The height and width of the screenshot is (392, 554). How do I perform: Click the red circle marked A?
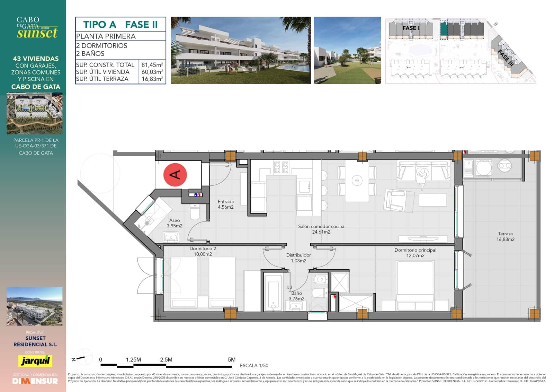click(x=175, y=175)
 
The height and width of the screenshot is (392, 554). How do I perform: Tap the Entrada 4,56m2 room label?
click(x=225, y=204)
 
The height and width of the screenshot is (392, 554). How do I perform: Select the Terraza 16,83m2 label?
click(x=505, y=236)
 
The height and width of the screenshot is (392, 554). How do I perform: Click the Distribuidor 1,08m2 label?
click(x=298, y=258)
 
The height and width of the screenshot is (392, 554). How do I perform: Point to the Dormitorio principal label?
click(x=415, y=253)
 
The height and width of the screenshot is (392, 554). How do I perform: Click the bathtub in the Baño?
click(x=273, y=291)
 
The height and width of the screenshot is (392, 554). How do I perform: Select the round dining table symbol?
click(x=357, y=180)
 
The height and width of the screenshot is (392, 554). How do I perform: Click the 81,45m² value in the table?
click(x=152, y=65)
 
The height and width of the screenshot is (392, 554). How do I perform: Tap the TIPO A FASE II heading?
click(x=120, y=25)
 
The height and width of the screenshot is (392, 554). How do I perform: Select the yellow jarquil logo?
click(x=35, y=361)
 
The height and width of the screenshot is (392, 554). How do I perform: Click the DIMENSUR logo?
click(x=35, y=381)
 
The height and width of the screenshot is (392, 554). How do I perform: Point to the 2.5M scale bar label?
click(x=166, y=360)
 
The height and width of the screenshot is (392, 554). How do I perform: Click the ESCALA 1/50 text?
click(x=254, y=365)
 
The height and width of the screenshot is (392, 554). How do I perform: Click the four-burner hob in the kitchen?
click(x=281, y=167)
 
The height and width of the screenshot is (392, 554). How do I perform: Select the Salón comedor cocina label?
click(x=321, y=229)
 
